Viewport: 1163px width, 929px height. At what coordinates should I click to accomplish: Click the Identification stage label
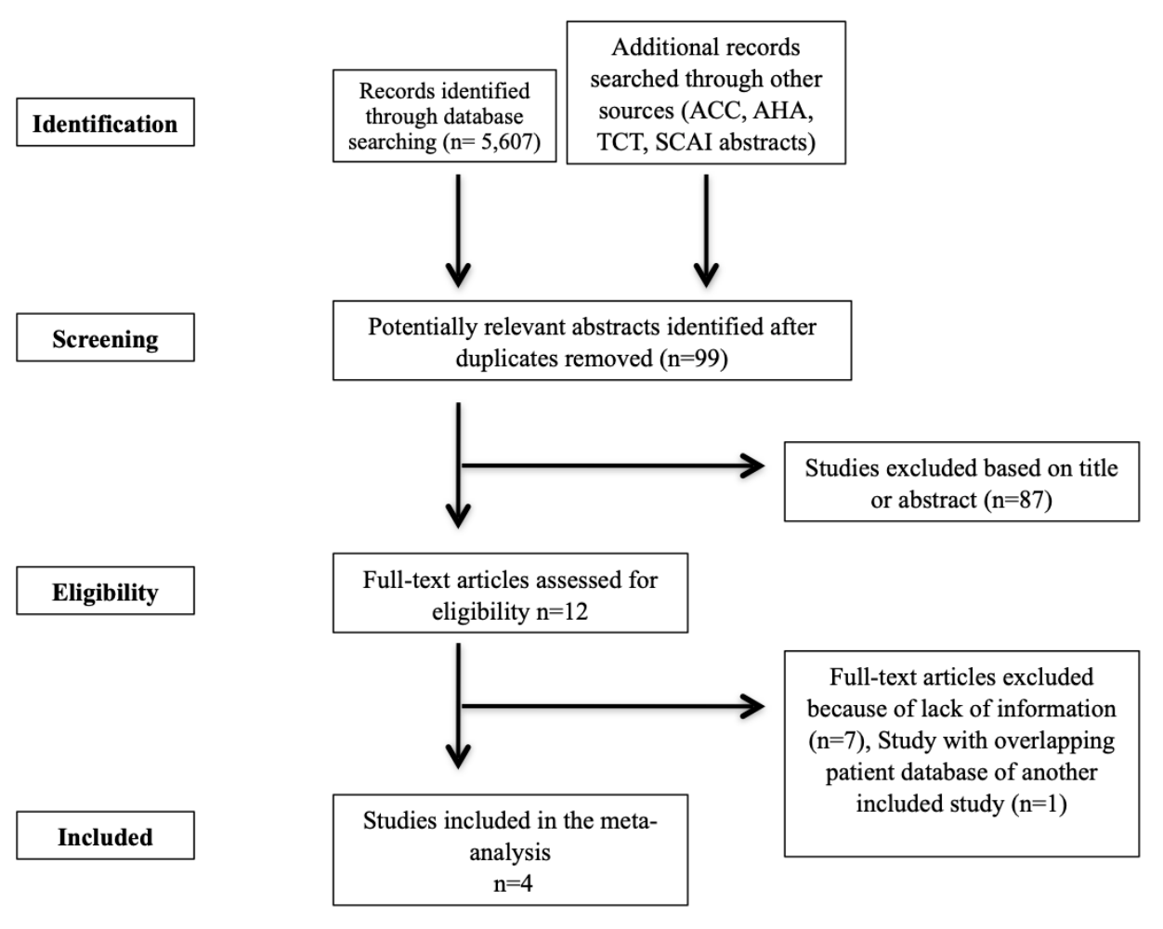[105, 124]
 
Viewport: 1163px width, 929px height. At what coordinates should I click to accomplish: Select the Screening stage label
[105, 339]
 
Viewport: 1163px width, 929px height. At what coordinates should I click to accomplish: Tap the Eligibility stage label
[105, 593]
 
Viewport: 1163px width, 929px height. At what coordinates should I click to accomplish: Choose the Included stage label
[105, 837]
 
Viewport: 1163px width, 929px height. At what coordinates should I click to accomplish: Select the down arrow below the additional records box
[706, 232]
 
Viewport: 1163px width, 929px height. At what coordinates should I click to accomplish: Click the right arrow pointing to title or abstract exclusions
[613, 467]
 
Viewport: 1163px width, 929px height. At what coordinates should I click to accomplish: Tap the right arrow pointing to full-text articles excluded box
[613, 708]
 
